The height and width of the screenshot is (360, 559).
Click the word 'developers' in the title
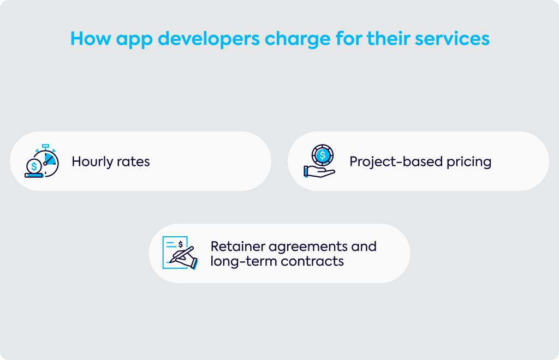tap(209, 39)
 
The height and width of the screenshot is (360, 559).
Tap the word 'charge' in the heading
tap(298, 39)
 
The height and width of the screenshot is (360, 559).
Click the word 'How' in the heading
tap(91, 39)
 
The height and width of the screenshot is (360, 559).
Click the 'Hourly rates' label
tap(110, 161)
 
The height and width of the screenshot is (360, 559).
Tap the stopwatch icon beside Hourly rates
tap(42, 161)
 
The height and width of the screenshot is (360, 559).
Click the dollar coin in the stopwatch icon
tap(34, 166)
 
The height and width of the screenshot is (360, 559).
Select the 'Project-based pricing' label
tap(420, 162)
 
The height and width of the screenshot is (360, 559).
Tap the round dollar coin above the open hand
tap(322, 155)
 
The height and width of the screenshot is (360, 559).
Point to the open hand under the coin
tap(319, 172)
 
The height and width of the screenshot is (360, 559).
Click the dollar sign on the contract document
tap(180, 244)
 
